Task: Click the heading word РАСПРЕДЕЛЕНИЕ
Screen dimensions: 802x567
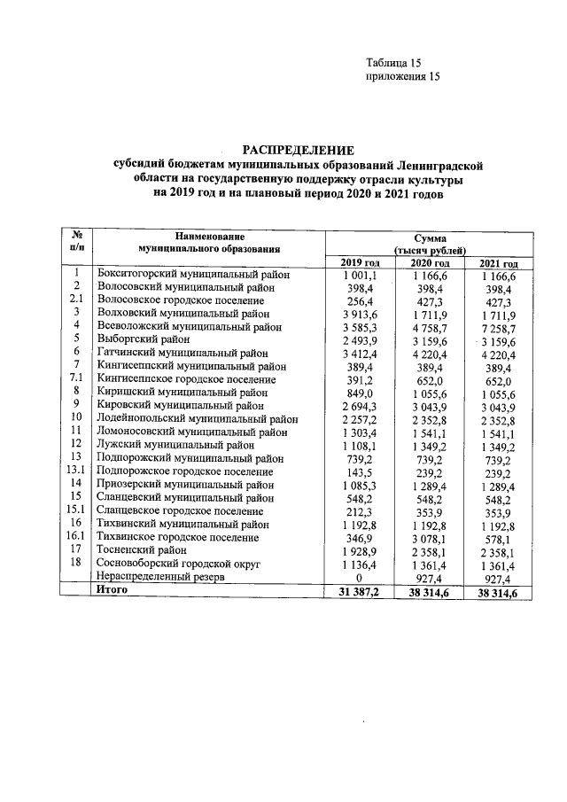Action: click(298, 150)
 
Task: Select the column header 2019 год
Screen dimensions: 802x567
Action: click(359, 264)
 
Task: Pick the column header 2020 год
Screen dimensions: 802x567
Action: click(430, 264)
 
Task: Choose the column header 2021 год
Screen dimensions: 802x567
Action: click(498, 264)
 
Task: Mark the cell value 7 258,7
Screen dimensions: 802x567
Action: click(498, 327)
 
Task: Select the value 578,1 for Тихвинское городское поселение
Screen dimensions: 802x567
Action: click(501, 538)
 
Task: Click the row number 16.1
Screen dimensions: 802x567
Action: click(77, 537)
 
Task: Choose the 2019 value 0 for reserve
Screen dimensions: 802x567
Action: click(361, 576)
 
